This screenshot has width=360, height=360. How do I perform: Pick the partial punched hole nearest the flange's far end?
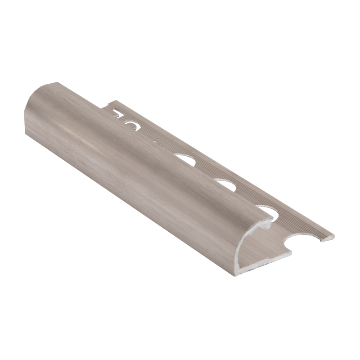point(118,113)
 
